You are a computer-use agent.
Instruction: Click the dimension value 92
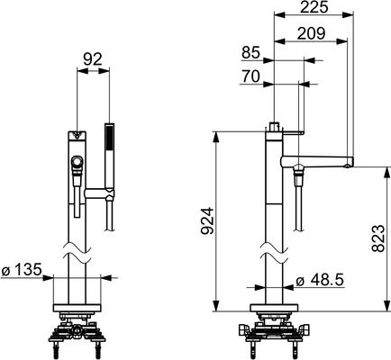click(x=93, y=59)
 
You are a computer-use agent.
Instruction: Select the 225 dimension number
click(x=314, y=7)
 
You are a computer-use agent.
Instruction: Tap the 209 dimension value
click(x=311, y=33)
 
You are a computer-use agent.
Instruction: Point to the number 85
click(x=250, y=53)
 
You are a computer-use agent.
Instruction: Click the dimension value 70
click(x=250, y=76)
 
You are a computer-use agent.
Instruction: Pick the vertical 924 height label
click(x=207, y=220)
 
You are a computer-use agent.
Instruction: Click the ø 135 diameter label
click(x=21, y=270)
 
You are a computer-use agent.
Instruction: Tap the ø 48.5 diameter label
click(x=320, y=281)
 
